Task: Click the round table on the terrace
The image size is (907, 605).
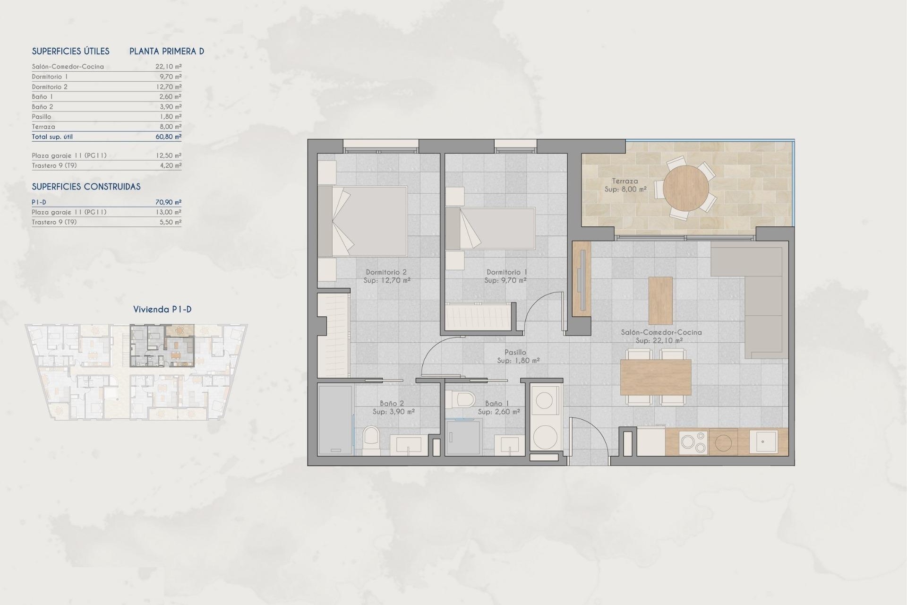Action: click(685, 188)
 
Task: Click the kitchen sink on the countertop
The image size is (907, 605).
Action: click(763, 441)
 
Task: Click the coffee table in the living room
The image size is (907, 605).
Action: click(660, 301)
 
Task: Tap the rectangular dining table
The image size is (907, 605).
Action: click(656, 377)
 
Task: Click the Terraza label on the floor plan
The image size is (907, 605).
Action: click(625, 181)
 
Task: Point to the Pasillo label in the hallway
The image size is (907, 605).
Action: click(515, 352)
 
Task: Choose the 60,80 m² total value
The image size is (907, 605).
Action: click(168, 137)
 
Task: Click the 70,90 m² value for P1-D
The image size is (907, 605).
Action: click(168, 202)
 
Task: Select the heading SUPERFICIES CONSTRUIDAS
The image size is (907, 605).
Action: click(86, 187)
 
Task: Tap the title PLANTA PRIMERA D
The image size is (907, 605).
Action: click(167, 52)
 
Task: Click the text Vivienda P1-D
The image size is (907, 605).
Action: click(162, 310)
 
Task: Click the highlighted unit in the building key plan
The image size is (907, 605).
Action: click(162, 346)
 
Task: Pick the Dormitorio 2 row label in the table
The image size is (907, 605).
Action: click(50, 86)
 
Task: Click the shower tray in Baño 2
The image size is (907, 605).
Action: click(335, 420)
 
